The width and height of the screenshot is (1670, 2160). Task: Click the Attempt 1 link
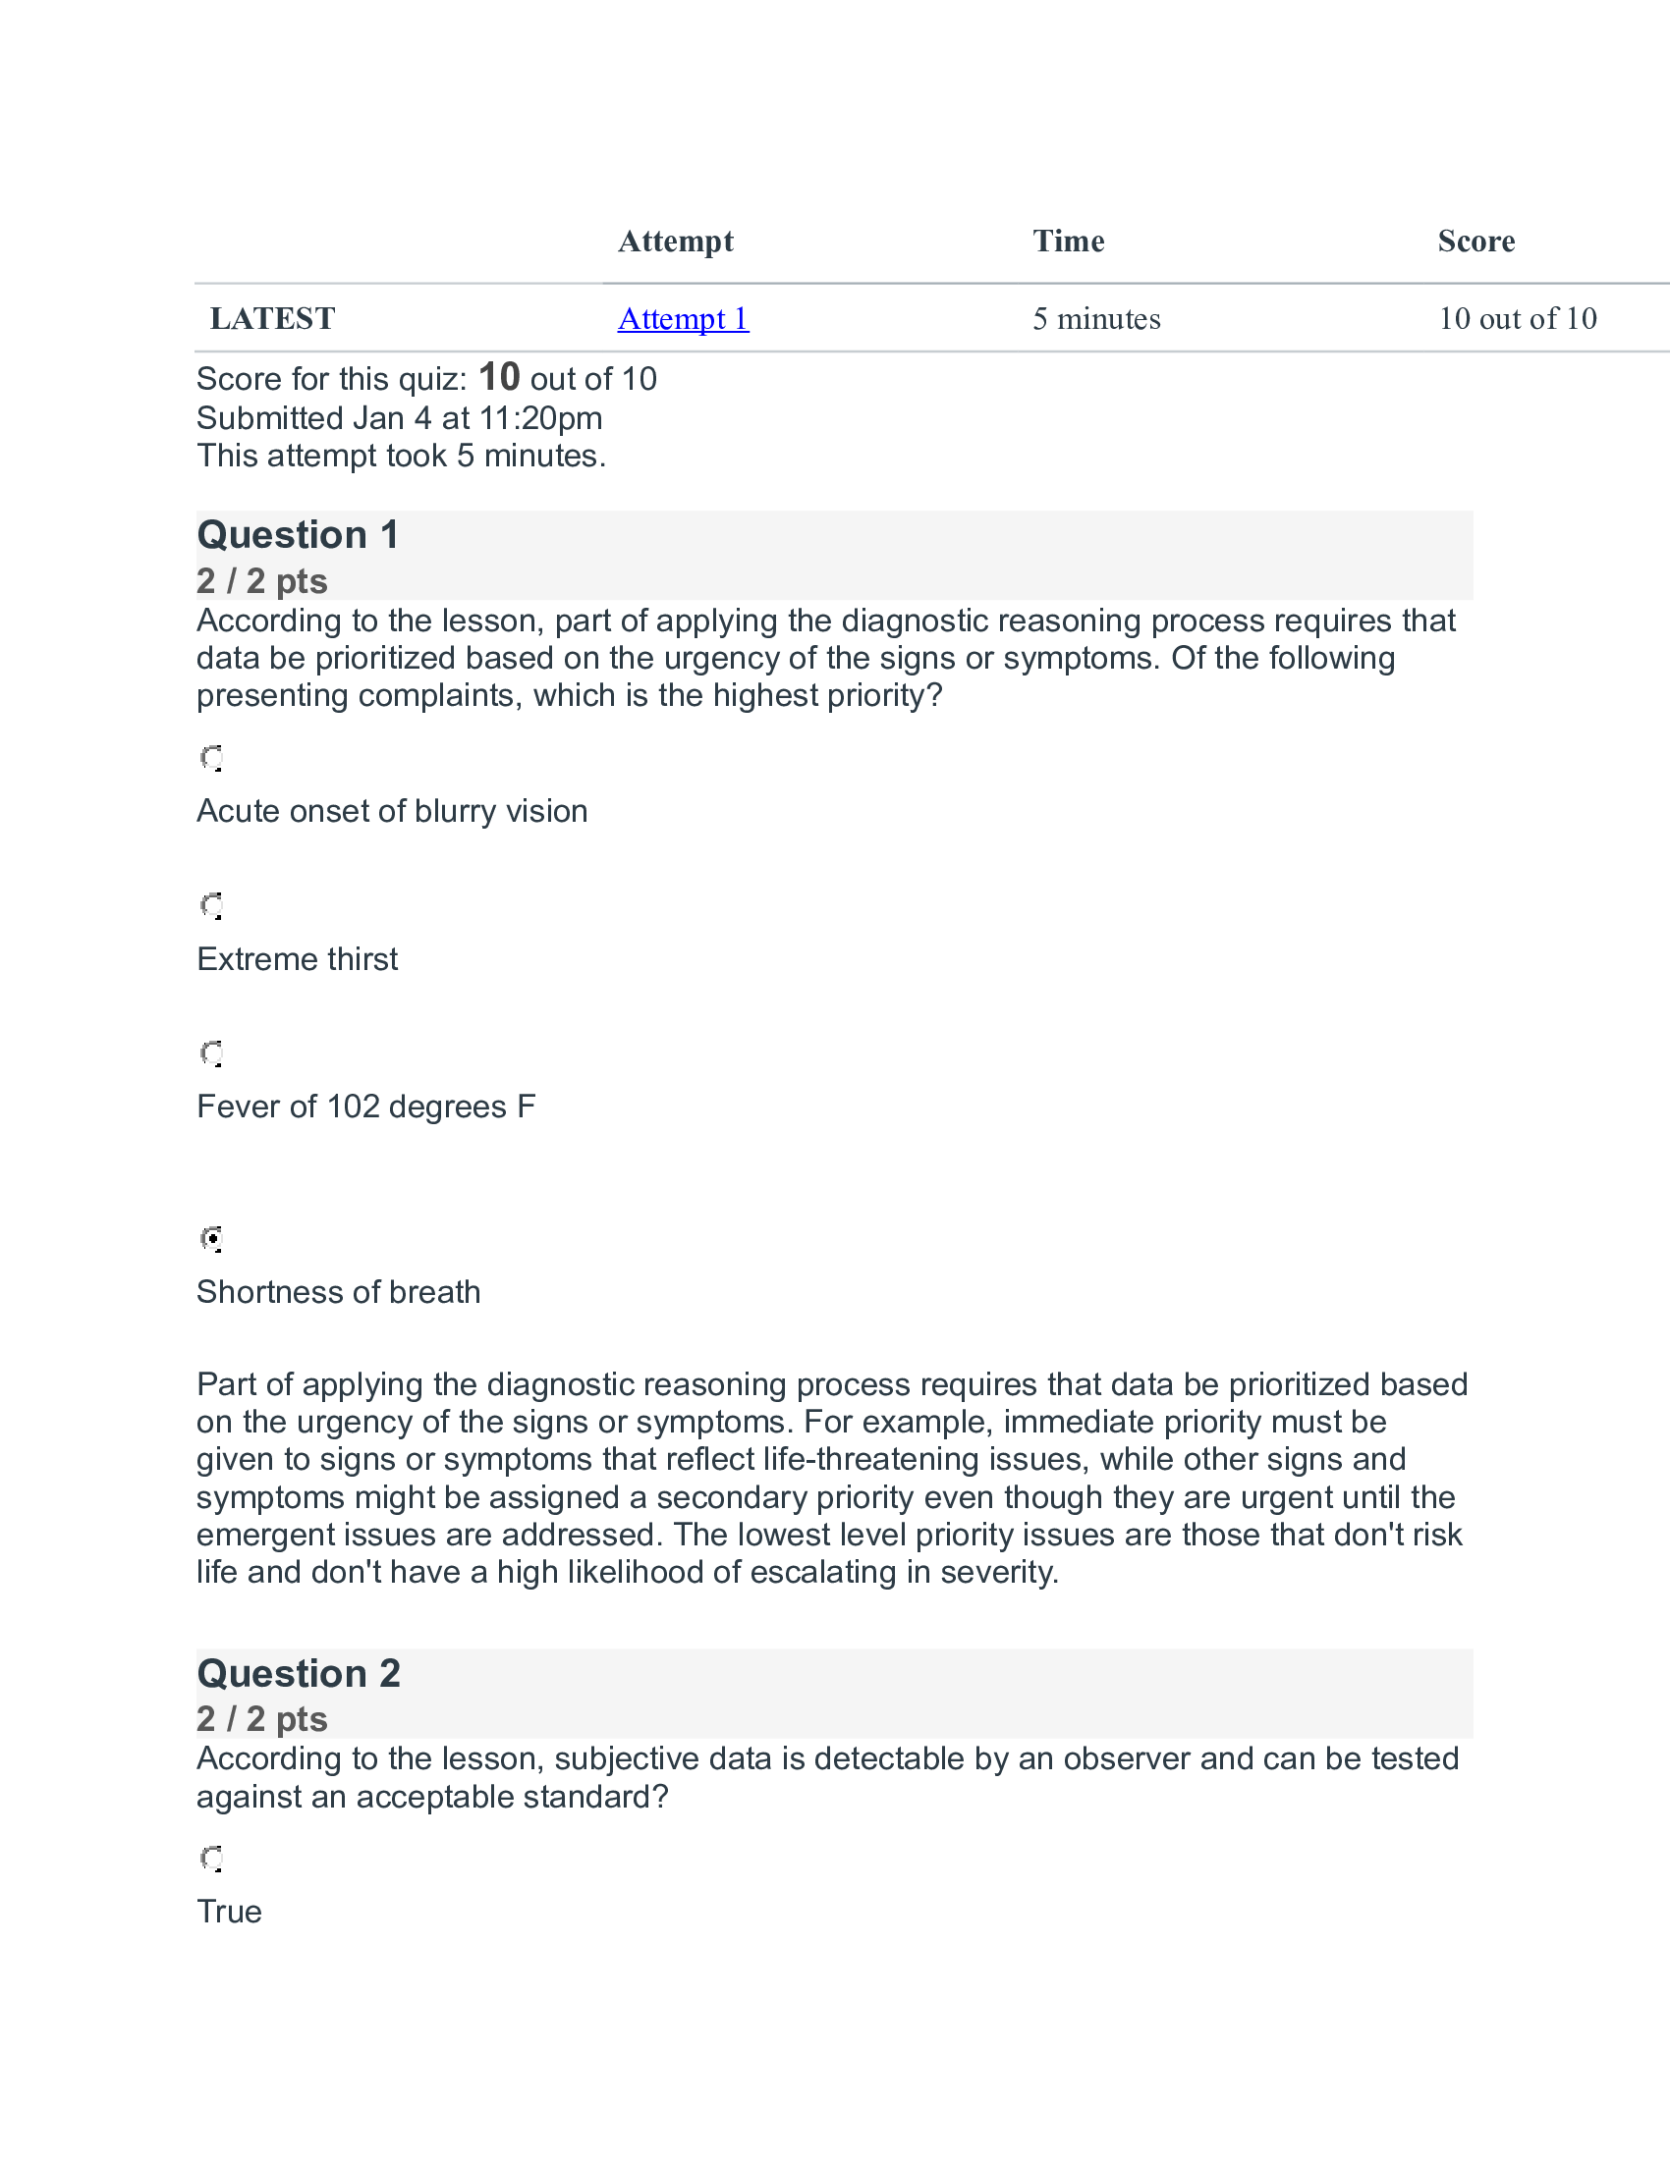pos(683,318)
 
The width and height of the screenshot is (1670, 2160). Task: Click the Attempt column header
pos(675,242)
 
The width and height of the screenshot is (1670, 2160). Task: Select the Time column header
pos(1068,242)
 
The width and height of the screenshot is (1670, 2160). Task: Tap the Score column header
pos(1475,242)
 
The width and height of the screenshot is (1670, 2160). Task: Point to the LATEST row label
pos(272,318)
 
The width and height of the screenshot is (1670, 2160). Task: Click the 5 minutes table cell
pos(1096,318)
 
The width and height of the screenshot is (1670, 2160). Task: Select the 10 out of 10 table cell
pos(1517,318)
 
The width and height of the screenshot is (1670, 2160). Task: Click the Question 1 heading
pos(298,535)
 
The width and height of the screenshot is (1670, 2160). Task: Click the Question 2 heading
pos(299,1673)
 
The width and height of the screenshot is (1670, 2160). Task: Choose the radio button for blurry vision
pos(212,759)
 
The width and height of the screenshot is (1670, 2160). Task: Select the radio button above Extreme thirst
pos(212,906)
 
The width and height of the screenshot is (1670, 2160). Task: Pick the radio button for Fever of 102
pos(212,1053)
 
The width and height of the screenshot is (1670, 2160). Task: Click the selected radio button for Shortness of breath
pos(212,1238)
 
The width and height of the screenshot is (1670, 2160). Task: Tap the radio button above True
pos(212,1859)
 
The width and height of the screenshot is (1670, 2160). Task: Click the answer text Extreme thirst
pos(297,959)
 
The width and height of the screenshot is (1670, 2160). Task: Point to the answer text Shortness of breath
pos(338,1293)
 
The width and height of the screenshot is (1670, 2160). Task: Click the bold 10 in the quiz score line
pos(499,378)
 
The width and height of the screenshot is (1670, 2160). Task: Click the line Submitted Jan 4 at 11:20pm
pos(399,418)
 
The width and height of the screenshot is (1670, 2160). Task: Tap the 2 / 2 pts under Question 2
pos(261,1719)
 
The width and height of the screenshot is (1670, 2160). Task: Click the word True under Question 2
pos(229,1912)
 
